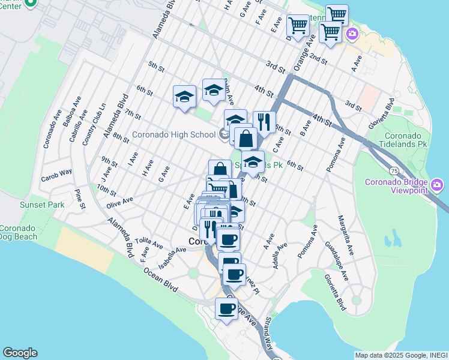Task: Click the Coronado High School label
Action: click(173, 134)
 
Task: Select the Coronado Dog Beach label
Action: click(19, 232)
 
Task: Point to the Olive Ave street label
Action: click(119, 202)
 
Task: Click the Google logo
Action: click(20, 353)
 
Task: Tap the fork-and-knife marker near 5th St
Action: click(264, 122)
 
